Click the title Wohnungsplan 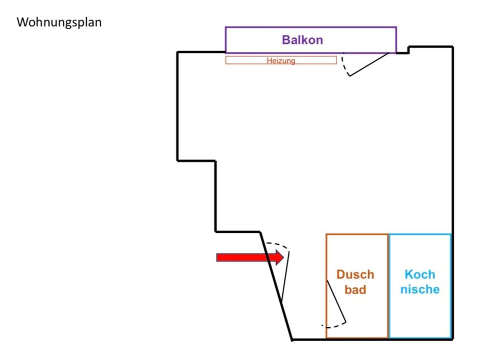click(x=59, y=23)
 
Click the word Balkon click(x=302, y=40)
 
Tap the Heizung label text click(x=281, y=60)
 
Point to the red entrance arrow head click(x=279, y=257)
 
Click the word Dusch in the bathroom click(x=355, y=275)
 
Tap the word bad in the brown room click(x=355, y=290)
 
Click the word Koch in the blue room click(x=419, y=275)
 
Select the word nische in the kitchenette click(x=419, y=290)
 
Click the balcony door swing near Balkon click(x=368, y=64)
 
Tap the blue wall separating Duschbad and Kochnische click(x=389, y=286)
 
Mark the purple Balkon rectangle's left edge click(x=226, y=40)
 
